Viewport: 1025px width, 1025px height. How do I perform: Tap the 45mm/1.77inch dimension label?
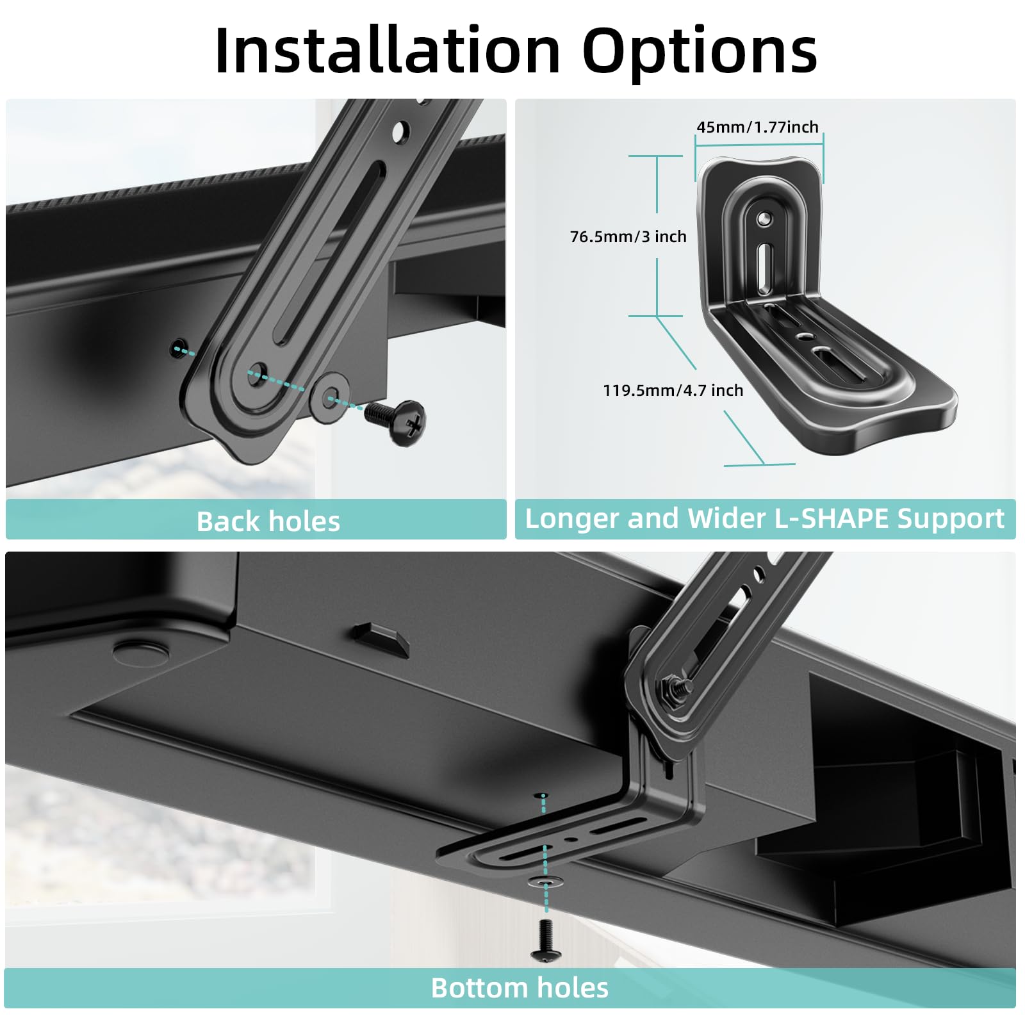pyautogui.click(x=757, y=127)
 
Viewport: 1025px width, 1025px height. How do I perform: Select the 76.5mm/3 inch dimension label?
pyautogui.click(x=628, y=237)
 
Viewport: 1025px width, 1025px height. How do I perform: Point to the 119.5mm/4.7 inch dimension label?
pyautogui.click(x=673, y=390)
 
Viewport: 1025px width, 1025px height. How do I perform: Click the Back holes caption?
pyautogui.click(x=268, y=521)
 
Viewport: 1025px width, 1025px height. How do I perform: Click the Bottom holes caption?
pyautogui.click(x=520, y=988)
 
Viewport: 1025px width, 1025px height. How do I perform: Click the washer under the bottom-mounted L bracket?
pyautogui.click(x=545, y=882)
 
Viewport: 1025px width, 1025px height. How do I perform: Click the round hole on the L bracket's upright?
pyautogui.click(x=763, y=219)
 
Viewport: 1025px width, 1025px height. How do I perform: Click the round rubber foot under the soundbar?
pyautogui.click(x=142, y=651)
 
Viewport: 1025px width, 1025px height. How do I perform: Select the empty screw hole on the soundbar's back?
pyautogui.click(x=178, y=349)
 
